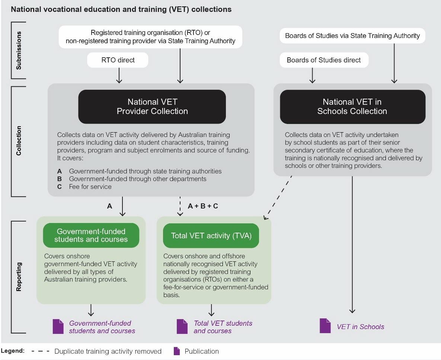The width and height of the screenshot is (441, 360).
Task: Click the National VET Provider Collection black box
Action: coord(152,106)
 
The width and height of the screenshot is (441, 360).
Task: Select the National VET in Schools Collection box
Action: coord(352,106)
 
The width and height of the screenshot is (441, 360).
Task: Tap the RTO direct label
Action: coord(118,60)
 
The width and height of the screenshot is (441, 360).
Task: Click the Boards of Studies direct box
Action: coord(324,60)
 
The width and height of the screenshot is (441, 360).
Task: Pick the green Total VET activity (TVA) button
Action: coord(211,236)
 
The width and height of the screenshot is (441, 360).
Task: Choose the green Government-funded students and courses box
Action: coord(91,235)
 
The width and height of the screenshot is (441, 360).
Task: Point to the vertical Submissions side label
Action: coord(19,50)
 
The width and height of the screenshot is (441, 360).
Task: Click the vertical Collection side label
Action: coord(19,141)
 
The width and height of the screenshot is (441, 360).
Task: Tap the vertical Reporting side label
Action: coord(19,277)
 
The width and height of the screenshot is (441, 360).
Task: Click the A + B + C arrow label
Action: coord(203,206)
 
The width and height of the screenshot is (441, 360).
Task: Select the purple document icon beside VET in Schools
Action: coord(325,326)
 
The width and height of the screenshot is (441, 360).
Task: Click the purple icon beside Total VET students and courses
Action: coord(182,326)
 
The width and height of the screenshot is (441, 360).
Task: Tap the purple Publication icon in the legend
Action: coord(177,351)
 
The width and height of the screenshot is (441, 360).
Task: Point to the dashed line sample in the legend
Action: coord(41,351)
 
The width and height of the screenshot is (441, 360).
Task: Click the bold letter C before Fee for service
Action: coord(59,187)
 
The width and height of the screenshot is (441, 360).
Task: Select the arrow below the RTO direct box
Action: coord(119,75)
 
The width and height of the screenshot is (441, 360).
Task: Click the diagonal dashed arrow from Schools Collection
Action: coord(277,198)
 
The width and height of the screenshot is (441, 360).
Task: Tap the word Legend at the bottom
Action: coord(13,351)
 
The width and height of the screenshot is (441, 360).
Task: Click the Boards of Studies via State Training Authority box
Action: coord(352,36)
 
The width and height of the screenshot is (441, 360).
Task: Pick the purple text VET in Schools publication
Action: coord(360,327)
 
